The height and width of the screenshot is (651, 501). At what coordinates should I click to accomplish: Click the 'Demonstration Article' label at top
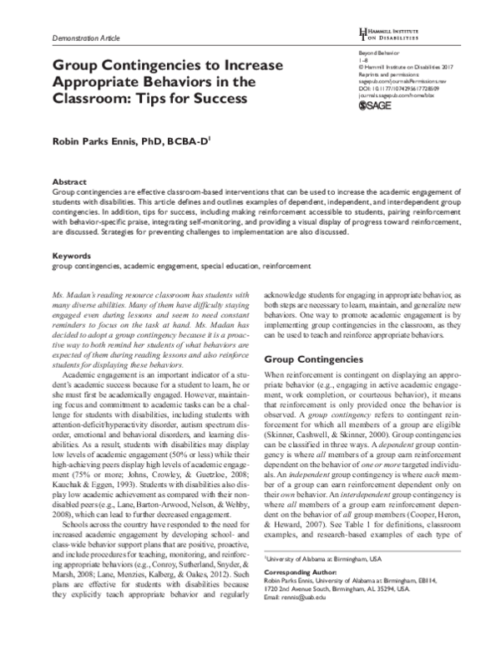click(x=87, y=38)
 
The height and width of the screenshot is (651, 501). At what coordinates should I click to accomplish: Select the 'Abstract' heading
click(x=69, y=181)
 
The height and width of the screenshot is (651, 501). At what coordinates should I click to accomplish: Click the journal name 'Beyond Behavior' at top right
click(x=354, y=53)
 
